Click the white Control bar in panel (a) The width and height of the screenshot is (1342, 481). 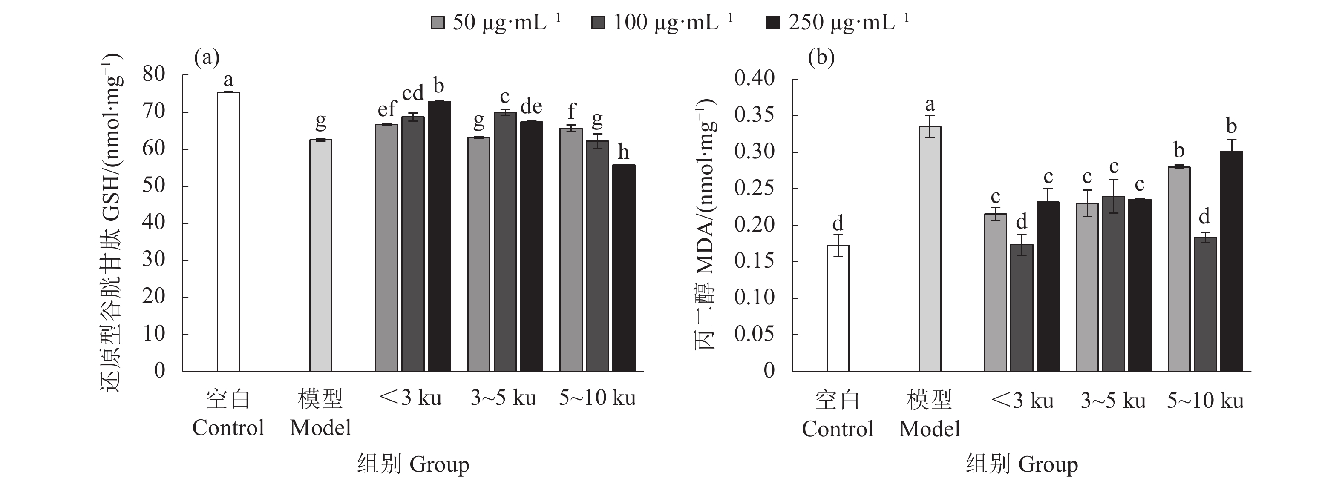coord(228,231)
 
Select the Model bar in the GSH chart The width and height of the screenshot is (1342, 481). coord(320,255)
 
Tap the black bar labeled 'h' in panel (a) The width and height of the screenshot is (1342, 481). coord(624,268)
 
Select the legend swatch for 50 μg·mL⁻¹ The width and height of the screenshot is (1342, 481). coord(438,23)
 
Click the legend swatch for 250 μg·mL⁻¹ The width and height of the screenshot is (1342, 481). coord(774,23)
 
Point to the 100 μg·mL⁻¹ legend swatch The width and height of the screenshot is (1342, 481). coord(599,23)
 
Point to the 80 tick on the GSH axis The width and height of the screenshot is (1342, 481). coord(154,74)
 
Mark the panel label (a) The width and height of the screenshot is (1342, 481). coord(206,57)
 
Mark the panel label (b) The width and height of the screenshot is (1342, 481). coord(821,57)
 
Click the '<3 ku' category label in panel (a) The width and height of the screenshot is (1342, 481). coord(411,398)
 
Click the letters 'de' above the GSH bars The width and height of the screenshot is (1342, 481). coord(531,107)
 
